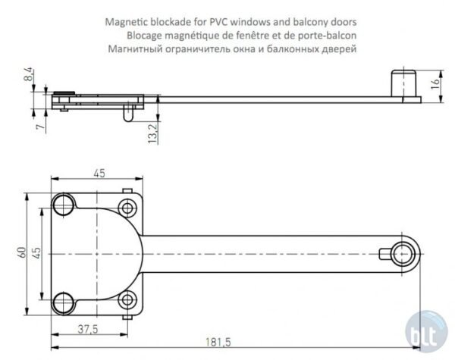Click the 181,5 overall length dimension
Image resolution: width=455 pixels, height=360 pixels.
click(x=218, y=342)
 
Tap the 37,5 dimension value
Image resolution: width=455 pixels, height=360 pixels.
click(x=88, y=329)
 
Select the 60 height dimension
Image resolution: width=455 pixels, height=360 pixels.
click(x=22, y=252)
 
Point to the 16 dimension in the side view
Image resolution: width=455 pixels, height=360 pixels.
click(x=435, y=84)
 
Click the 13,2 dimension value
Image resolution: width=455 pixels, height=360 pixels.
click(x=152, y=133)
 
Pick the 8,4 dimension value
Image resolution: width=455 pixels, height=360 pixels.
click(x=29, y=74)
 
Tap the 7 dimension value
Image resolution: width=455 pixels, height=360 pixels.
click(x=41, y=126)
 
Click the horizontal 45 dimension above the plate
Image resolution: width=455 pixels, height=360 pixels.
click(x=99, y=174)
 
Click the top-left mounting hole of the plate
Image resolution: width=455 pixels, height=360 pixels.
click(x=63, y=205)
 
